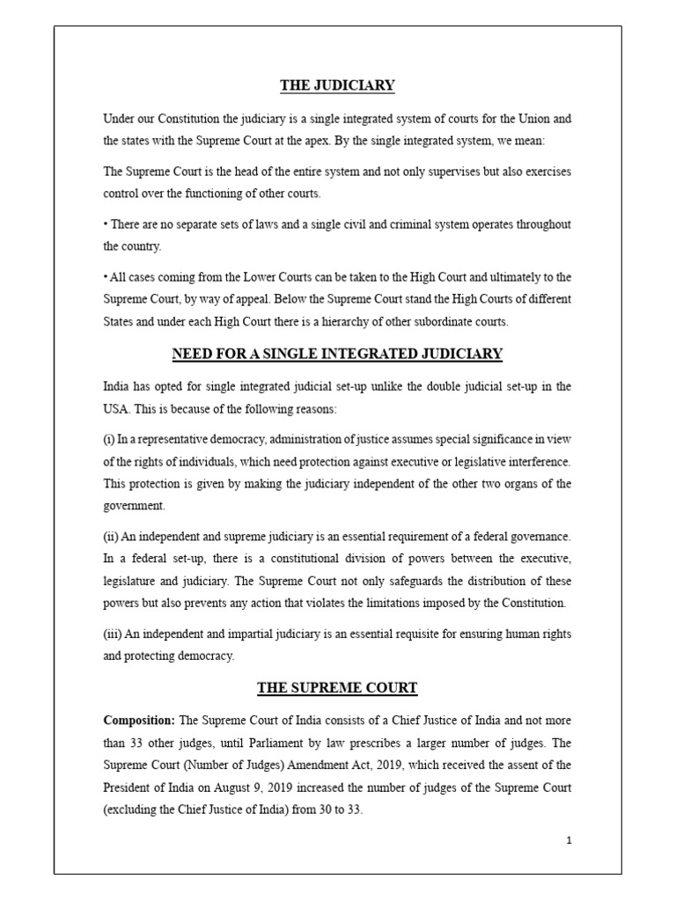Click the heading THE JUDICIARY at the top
337,85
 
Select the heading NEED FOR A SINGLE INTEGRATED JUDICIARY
337,354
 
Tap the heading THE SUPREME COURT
337,687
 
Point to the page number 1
570,840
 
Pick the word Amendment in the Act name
327,765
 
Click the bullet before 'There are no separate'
105,224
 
